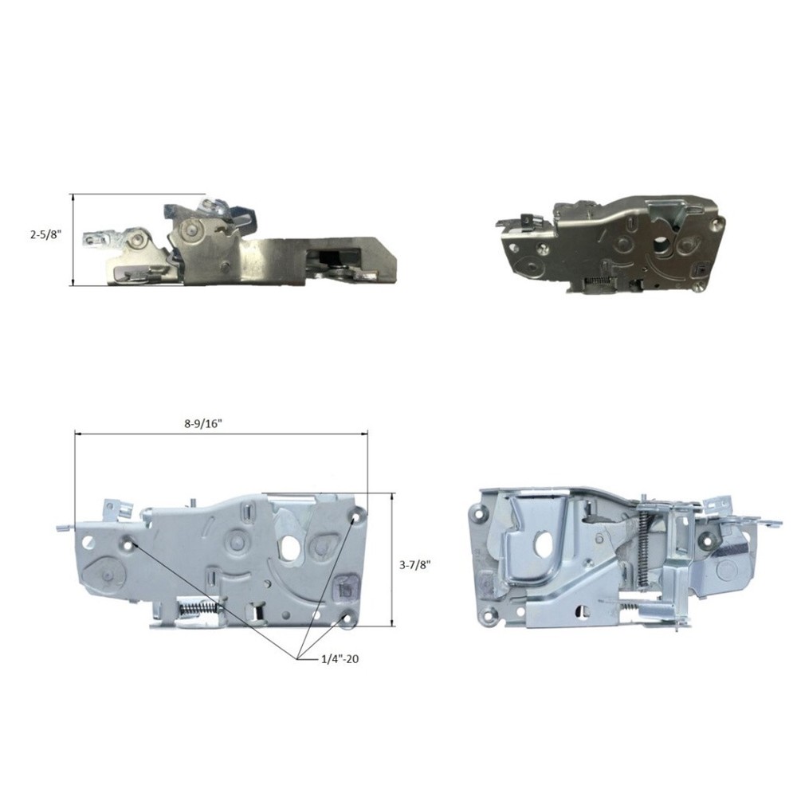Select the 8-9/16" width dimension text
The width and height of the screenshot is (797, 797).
(x=204, y=424)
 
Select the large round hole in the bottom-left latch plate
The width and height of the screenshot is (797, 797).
(x=291, y=545)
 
